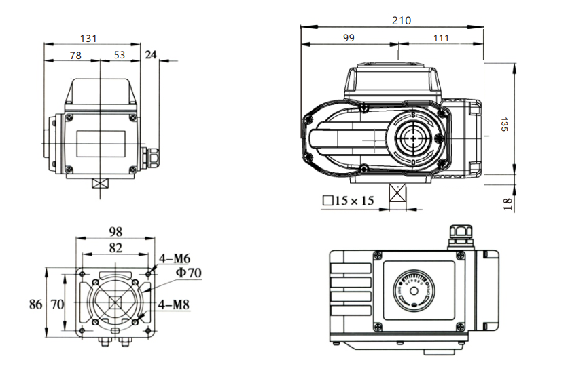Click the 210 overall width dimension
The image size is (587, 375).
pyautogui.click(x=402, y=20)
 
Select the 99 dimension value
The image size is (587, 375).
pyautogui.click(x=349, y=39)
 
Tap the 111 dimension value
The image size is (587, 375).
pyautogui.click(x=442, y=39)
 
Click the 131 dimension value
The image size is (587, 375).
pyautogui.click(x=89, y=38)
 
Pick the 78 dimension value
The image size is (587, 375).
pyautogui.click(x=75, y=55)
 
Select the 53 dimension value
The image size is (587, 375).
pyautogui.click(x=120, y=55)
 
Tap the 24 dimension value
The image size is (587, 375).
pyautogui.click(x=151, y=55)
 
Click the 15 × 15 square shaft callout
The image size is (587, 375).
pyautogui.click(x=349, y=201)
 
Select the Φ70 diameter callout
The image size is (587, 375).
pyautogui.click(x=190, y=273)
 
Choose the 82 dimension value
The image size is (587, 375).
pyautogui.click(x=115, y=248)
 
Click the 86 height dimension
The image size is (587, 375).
pyautogui.click(x=35, y=304)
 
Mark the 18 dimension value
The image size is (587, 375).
pyautogui.click(x=507, y=203)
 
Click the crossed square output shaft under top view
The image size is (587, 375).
pyautogui.click(x=397, y=195)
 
